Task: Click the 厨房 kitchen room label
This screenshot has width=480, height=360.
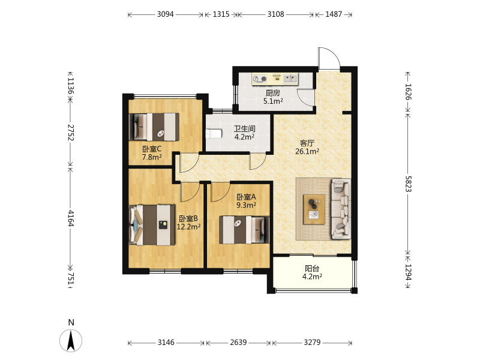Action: (x=272, y=93)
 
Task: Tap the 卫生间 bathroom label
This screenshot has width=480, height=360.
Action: (x=245, y=128)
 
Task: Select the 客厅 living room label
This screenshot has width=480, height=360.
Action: (x=307, y=143)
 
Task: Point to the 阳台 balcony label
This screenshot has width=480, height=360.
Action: (x=312, y=268)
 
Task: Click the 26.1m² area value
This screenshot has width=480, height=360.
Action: (x=307, y=151)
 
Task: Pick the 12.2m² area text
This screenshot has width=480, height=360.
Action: (x=188, y=227)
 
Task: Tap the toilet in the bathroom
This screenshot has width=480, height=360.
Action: (x=214, y=134)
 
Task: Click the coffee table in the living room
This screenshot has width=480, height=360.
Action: (x=314, y=209)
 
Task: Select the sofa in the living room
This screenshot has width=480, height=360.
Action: (x=341, y=209)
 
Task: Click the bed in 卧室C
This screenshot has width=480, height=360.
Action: (x=154, y=127)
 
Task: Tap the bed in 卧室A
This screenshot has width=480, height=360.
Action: (x=244, y=230)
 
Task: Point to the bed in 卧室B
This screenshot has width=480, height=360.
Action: (x=152, y=225)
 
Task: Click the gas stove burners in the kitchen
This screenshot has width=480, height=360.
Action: (x=260, y=79)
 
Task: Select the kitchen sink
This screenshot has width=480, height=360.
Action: (x=291, y=79)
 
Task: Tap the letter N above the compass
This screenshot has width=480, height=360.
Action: (x=71, y=322)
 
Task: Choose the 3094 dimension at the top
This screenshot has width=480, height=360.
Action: (x=166, y=14)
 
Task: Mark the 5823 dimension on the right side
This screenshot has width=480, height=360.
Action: (x=409, y=184)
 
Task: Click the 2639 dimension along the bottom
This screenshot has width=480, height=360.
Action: (x=238, y=342)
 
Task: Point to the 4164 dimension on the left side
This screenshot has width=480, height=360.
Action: (x=71, y=218)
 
